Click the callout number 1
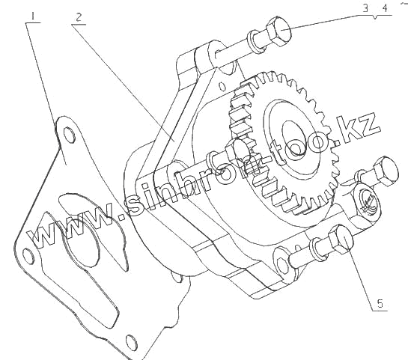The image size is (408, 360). tap(33, 16)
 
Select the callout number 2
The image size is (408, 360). tap(79, 17)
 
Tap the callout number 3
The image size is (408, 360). tap(365, 8)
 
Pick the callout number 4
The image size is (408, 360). tap(385, 8)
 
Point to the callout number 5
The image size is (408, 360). tap(380, 304)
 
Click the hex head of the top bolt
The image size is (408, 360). tap(278, 31)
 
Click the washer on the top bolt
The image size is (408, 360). tap(255, 42)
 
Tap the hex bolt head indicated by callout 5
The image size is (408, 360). tap(341, 240)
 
